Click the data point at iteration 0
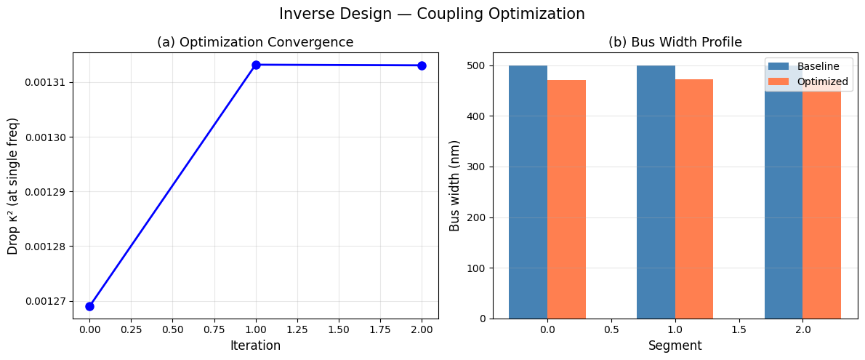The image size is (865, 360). coord(90,306)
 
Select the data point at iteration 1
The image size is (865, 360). coord(256,65)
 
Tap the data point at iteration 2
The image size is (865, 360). coord(422,65)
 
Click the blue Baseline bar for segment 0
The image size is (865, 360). coord(528,192)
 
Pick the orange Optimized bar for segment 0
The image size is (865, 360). coord(566,199)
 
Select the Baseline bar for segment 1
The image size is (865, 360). coord(656,192)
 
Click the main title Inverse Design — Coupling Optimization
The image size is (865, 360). coord(432,14)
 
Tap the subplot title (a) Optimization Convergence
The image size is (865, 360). coord(255,42)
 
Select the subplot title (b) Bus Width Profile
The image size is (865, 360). coord(675,42)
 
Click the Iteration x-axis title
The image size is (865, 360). coord(255,345)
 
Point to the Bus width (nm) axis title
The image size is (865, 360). coord(455,185)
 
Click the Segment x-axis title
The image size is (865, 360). coord(675,345)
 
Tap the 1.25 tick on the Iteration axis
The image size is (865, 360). coord(297,329)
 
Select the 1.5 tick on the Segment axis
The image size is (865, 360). coord(739,329)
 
